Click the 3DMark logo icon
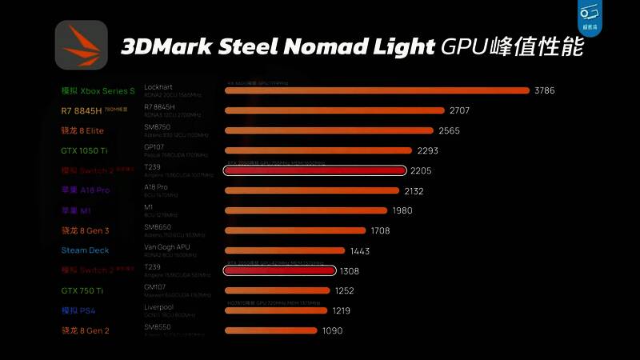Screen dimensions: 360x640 [x=81, y=45]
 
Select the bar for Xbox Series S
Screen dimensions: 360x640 [x=377, y=90]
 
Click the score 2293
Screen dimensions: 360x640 [x=432, y=150]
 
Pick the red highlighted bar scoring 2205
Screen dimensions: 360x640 [x=315, y=170]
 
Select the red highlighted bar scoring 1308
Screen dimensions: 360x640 [x=279, y=271]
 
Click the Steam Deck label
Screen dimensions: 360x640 [x=85, y=250]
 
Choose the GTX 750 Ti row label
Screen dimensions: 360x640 [x=82, y=290]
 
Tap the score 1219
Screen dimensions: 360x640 [x=342, y=310]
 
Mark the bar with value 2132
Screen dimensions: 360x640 [x=312, y=190]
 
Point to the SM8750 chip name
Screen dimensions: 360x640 [x=158, y=126]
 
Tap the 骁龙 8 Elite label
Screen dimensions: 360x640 [x=82, y=130]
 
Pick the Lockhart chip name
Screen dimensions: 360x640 [x=158, y=86]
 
